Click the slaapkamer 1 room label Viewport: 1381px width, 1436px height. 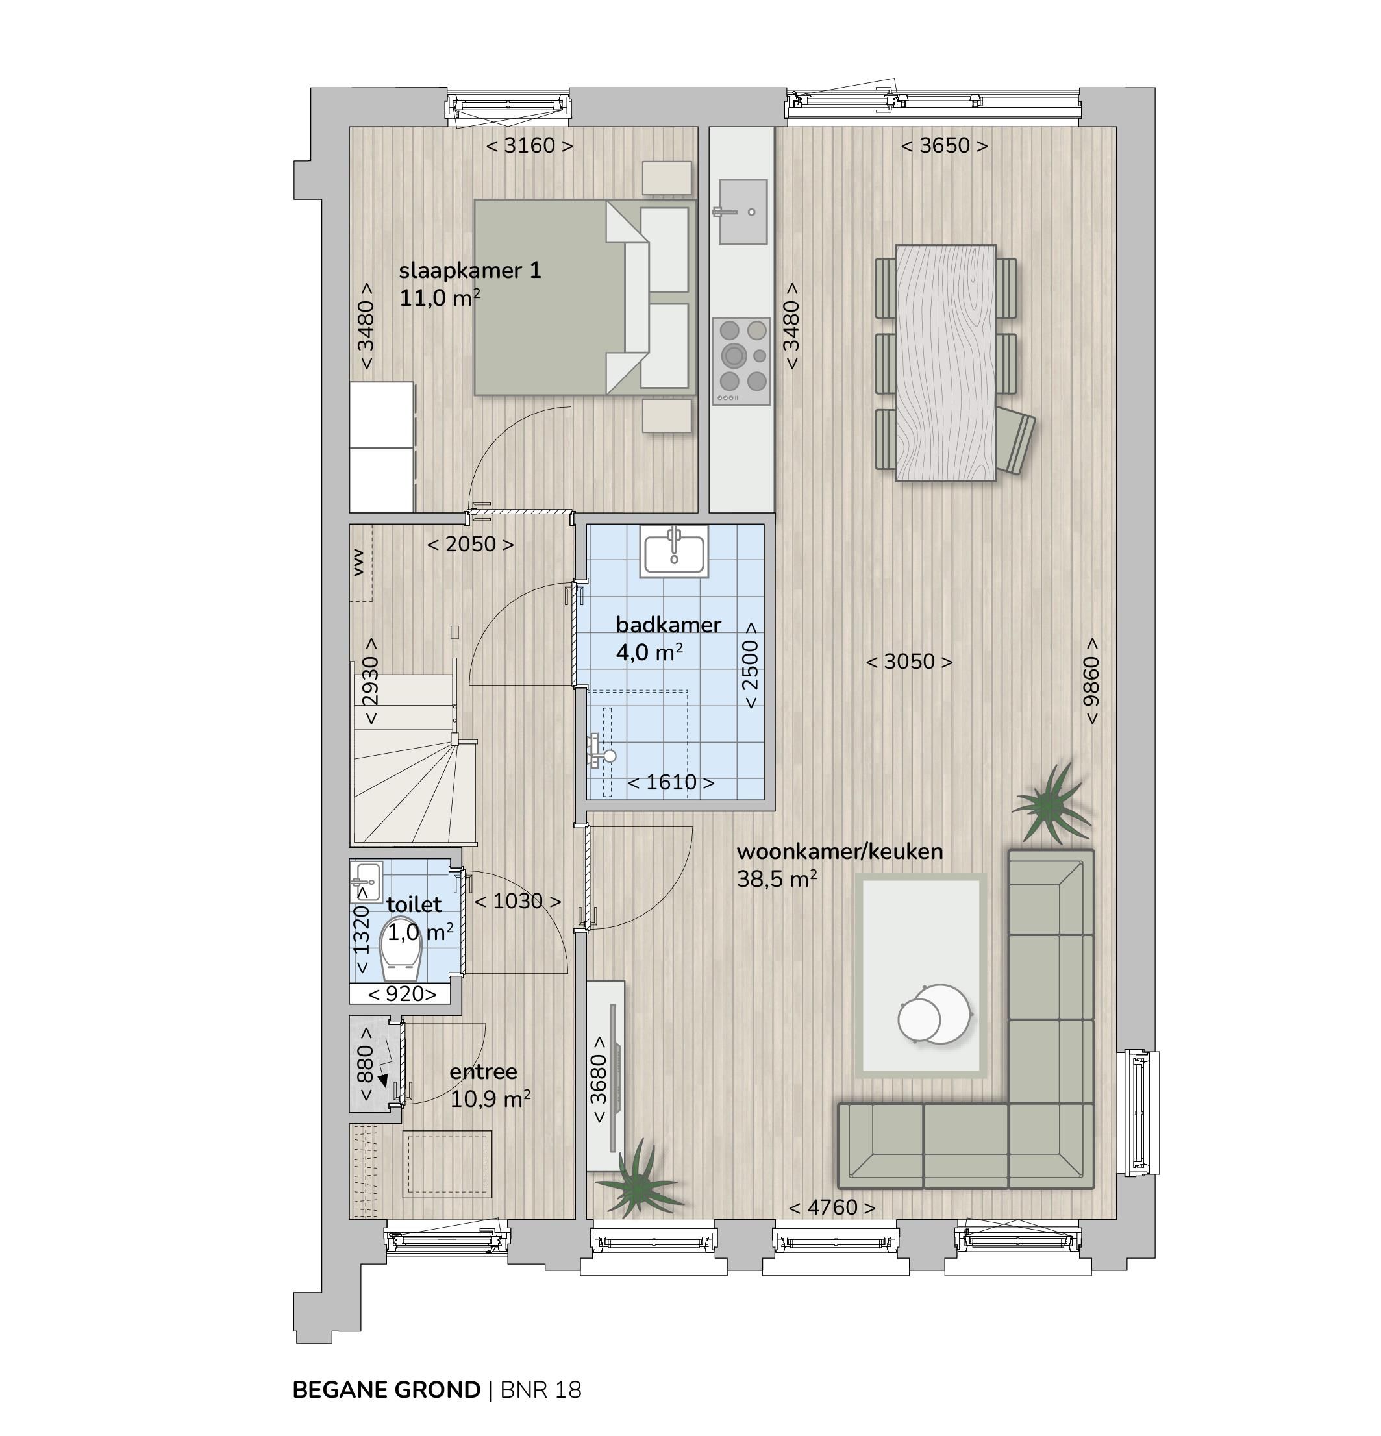point(469,271)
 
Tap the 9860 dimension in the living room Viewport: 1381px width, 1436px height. point(1091,682)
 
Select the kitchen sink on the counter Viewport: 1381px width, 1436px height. point(742,212)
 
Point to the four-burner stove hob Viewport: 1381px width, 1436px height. point(741,360)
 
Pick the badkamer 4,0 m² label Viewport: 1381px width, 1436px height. point(667,638)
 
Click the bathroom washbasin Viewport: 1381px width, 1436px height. point(673,551)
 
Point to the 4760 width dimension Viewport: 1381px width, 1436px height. point(832,1207)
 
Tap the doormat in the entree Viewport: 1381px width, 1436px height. point(446,1164)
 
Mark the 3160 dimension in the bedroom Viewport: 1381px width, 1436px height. point(529,146)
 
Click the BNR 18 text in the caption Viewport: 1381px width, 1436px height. point(541,1390)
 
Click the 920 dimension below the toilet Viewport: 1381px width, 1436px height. point(401,994)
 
